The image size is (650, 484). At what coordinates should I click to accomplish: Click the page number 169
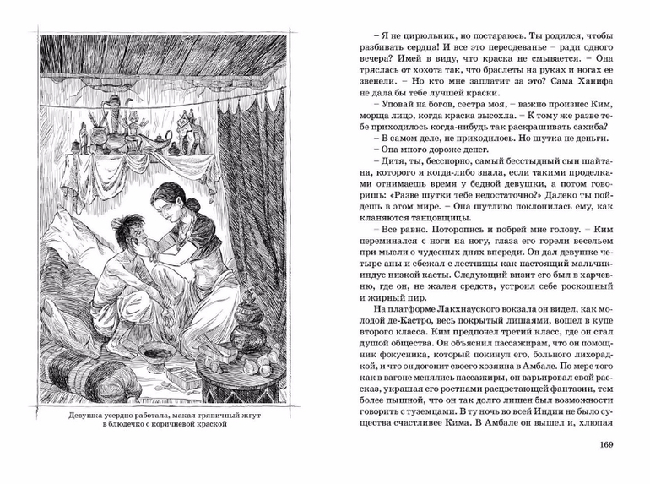[x=605, y=446]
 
